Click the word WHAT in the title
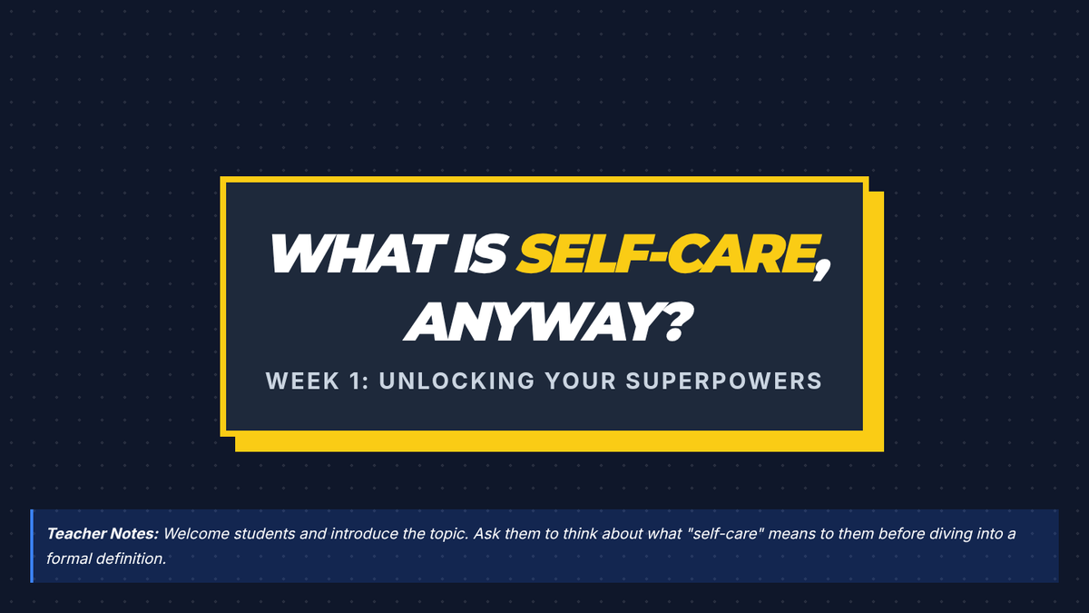tap(358, 253)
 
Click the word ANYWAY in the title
tap(532, 321)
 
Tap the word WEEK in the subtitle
tap(302, 381)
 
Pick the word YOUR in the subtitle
tap(581, 381)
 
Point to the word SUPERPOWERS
tap(723, 381)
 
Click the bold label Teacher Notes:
tap(103, 534)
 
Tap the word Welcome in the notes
tap(196, 534)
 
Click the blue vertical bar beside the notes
tap(32, 546)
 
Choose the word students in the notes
tap(264, 534)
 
